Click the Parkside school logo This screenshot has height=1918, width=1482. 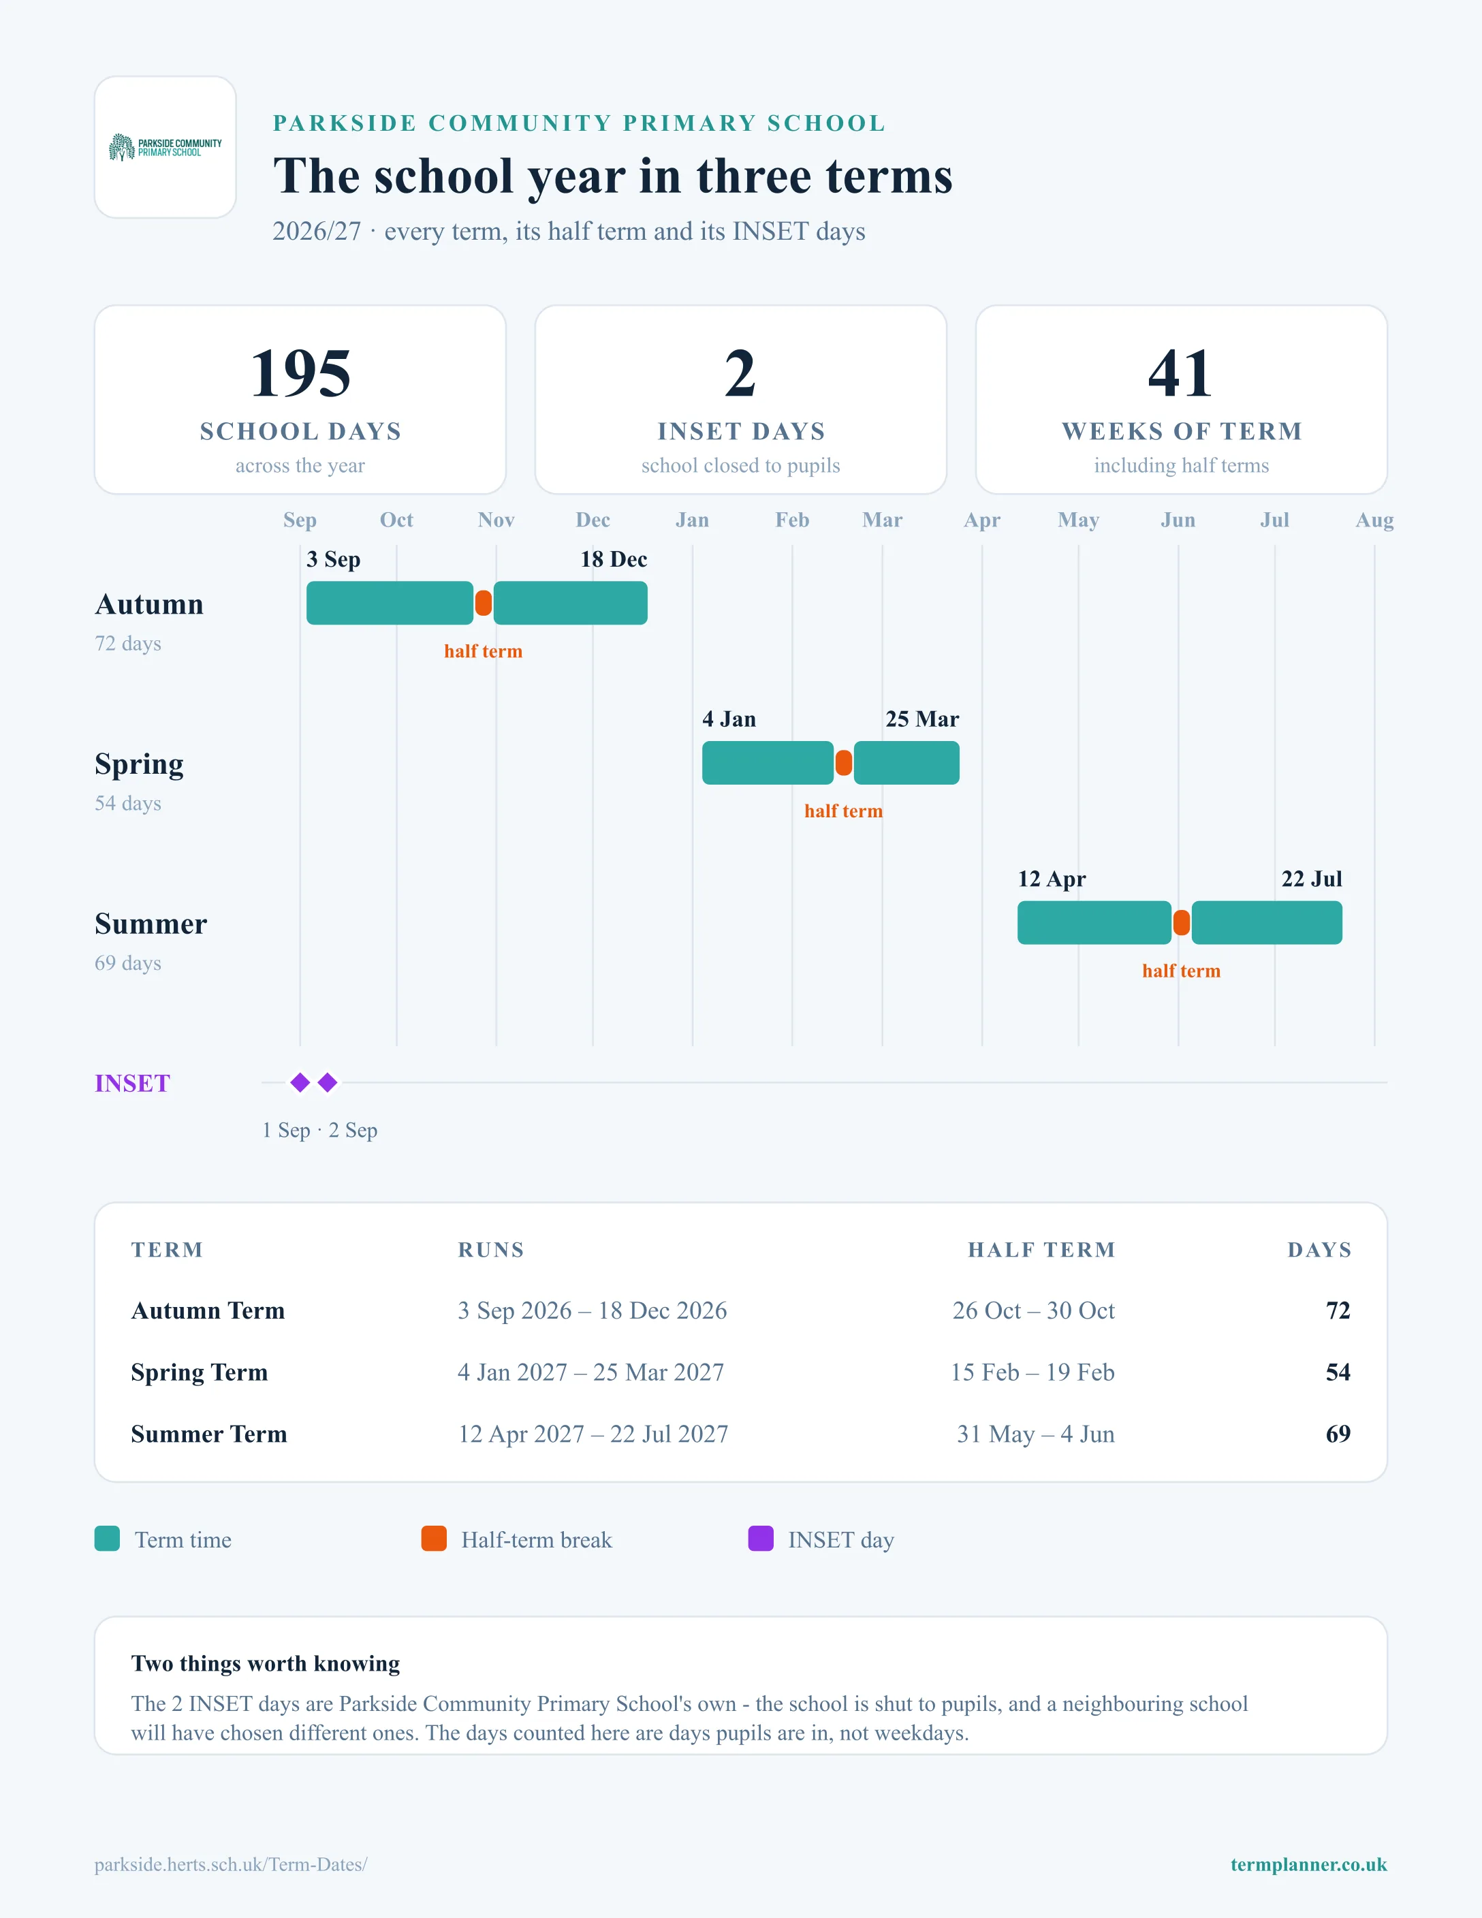165,146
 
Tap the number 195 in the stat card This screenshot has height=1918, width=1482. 300,373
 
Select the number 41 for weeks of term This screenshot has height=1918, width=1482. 1181,373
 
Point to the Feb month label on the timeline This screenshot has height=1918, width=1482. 792,520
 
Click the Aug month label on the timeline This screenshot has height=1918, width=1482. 1374,520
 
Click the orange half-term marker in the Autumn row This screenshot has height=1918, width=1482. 483,603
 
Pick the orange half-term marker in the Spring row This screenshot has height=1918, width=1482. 844,763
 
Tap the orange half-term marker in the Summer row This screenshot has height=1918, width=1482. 1182,923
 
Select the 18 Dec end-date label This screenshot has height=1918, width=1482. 614,559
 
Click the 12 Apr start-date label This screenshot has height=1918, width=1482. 1052,879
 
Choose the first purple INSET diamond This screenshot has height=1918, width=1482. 300,1083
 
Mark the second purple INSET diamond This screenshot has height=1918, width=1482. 328,1083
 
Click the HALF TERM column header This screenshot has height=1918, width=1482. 1041,1250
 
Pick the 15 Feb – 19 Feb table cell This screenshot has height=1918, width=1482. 1032,1372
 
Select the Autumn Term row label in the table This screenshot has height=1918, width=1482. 208,1310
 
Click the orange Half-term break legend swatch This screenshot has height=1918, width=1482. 434,1539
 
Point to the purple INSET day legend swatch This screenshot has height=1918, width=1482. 760,1539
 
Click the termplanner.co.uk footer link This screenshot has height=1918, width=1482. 1308,1864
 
